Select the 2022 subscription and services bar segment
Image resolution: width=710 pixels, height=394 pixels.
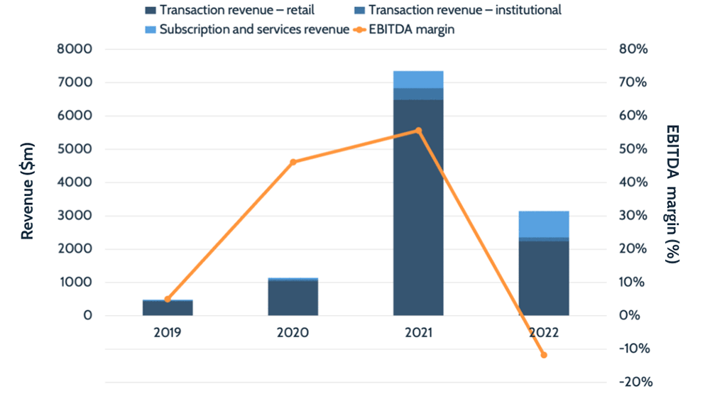click(x=544, y=224)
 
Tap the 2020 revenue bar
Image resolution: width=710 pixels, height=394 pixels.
click(x=293, y=297)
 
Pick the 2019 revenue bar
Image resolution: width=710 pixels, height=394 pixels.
click(x=168, y=308)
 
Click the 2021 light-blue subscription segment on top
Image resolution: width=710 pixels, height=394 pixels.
click(x=418, y=79)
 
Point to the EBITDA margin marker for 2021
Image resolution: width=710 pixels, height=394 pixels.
click(x=418, y=131)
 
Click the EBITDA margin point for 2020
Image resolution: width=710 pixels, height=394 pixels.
click(x=293, y=162)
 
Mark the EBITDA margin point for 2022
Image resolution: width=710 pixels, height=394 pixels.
click(x=544, y=355)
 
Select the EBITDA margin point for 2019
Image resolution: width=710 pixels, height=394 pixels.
click(x=168, y=299)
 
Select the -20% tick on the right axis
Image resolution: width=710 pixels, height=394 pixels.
click(x=635, y=382)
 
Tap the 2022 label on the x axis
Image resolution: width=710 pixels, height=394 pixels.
click(x=544, y=333)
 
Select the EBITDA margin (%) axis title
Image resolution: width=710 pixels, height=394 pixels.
click(x=672, y=194)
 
